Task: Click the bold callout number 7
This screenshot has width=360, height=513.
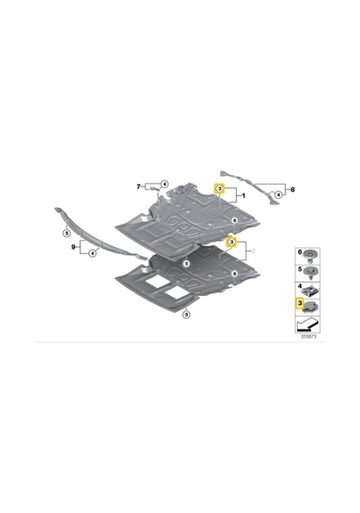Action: pyautogui.click(x=139, y=187)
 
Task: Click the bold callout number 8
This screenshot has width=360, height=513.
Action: pyautogui.click(x=292, y=189)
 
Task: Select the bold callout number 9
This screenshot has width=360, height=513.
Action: pyautogui.click(x=73, y=247)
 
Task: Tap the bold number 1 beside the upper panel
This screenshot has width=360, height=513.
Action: pyautogui.click(x=243, y=195)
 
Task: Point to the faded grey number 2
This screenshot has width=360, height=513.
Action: pyautogui.click(x=253, y=251)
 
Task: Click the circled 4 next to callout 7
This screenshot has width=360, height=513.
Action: pyautogui.click(x=165, y=184)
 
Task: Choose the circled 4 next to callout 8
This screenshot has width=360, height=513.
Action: pyautogui.click(x=278, y=194)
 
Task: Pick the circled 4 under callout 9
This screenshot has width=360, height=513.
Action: pyautogui.click(x=93, y=252)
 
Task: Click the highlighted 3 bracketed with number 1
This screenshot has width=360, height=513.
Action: pyautogui.click(x=220, y=188)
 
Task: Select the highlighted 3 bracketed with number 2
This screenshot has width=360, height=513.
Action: pyautogui.click(x=231, y=242)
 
